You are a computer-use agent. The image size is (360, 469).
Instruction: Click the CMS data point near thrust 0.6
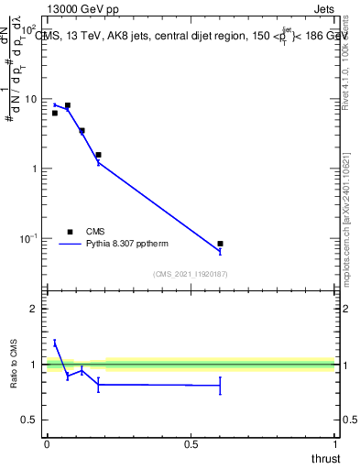pos(220,244)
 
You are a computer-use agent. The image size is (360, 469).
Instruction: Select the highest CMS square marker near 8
pos(67,105)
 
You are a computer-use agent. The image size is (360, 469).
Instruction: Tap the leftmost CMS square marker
pos(55,113)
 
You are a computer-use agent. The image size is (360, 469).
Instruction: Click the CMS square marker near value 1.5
pos(98,155)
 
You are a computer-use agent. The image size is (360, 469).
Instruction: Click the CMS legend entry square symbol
pos(70,232)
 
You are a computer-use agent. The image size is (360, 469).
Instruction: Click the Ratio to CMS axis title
pos(14,365)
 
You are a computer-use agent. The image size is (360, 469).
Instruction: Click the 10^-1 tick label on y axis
pos(29,239)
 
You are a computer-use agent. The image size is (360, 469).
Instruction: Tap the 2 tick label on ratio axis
pos(35,309)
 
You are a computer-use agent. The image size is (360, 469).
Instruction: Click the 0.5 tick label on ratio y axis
pos(31,420)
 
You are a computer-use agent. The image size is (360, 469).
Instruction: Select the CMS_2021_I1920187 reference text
pos(191,274)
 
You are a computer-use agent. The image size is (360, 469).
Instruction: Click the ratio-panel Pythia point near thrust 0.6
pos(220,386)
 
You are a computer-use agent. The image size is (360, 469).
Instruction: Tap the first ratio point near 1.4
pos(55,342)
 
